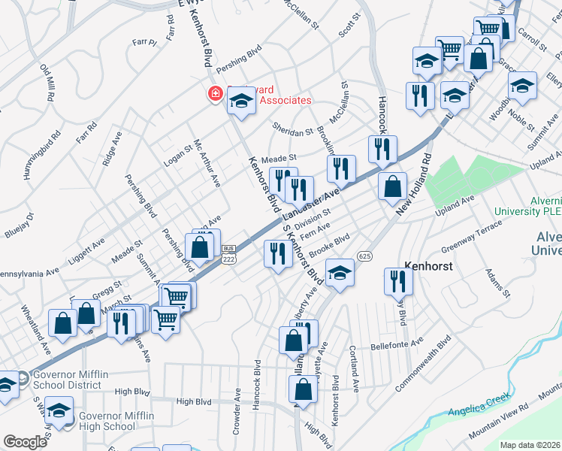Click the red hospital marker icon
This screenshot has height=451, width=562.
[x=215, y=93]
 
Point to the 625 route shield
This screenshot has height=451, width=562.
[x=365, y=256]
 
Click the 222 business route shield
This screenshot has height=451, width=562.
[x=229, y=254]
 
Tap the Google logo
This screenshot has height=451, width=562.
[x=25, y=441]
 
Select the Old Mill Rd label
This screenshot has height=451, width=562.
[x=47, y=82]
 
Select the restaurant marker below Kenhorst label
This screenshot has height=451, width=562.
[x=397, y=281]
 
